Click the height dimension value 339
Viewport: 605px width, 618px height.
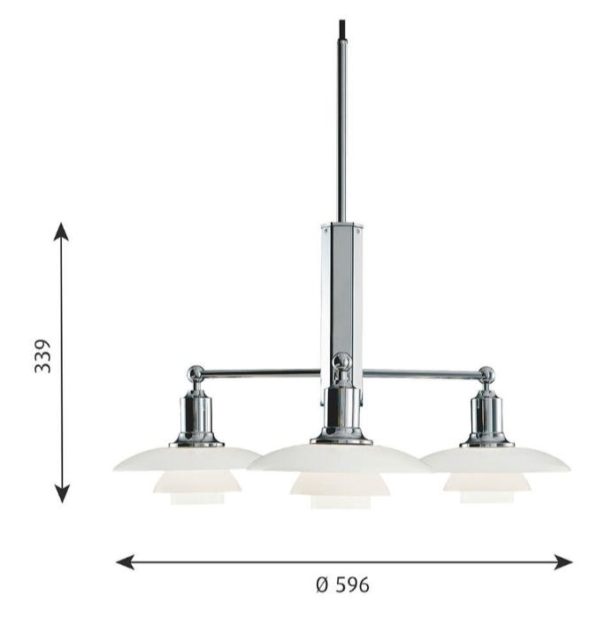(x=42, y=356)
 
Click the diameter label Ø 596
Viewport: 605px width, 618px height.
(x=342, y=584)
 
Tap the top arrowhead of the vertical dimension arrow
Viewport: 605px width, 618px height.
(x=61, y=232)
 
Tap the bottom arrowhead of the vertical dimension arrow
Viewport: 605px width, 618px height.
(x=62, y=494)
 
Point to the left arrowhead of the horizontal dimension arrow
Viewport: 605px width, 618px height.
(x=125, y=561)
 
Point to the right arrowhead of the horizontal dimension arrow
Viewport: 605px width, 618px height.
(x=563, y=561)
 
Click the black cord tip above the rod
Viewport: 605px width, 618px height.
(x=342, y=29)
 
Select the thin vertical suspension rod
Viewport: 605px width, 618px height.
(x=342, y=131)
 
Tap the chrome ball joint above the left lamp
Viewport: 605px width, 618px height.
(x=195, y=373)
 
